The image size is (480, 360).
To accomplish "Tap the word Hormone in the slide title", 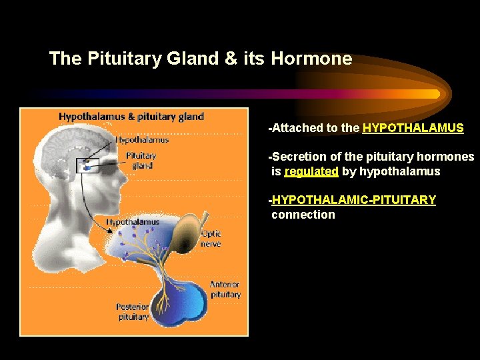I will (x=311, y=59).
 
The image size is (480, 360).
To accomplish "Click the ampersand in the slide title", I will (x=231, y=59).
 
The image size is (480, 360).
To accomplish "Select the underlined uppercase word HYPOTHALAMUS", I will (x=413, y=128).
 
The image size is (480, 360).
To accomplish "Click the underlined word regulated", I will (x=311, y=171).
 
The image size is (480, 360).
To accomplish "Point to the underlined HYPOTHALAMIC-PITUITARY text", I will (x=354, y=200).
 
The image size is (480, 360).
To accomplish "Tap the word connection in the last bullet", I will (x=303, y=215).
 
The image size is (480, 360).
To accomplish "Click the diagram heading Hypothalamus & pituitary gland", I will (x=131, y=117).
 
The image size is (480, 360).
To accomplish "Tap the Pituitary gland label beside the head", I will (x=141, y=161).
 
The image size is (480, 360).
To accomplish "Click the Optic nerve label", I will (x=211, y=239).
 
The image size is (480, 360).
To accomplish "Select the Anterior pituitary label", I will (x=225, y=289).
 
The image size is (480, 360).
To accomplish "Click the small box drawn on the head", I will (x=88, y=165).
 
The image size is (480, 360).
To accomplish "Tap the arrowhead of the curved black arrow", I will (x=109, y=230).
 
